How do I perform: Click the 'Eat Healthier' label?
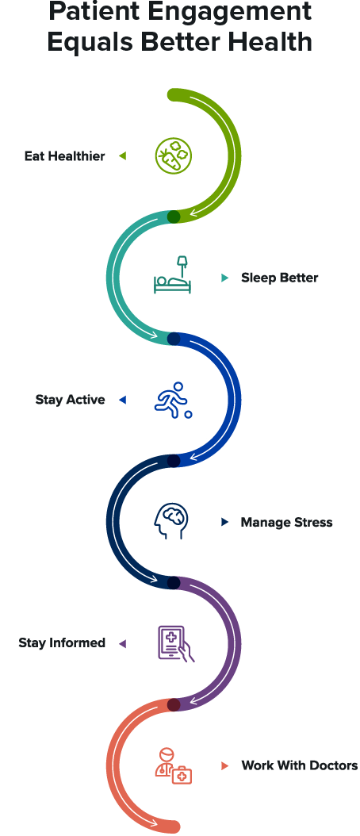click(64, 156)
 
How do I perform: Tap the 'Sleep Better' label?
click(279, 278)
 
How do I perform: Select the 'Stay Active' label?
click(71, 399)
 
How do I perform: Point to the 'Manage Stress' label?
click(286, 522)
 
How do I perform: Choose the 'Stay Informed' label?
click(62, 643)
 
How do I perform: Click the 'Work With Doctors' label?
click(299, 765)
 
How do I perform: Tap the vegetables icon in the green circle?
click(174, 155)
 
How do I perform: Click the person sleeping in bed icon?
click(172, 274)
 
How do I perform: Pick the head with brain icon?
click(170, 521)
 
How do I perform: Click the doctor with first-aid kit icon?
click(174, 766)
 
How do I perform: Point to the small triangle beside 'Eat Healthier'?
click(122, 156)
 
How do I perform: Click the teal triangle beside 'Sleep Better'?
click(224, 278)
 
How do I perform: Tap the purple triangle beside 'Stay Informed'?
click(122, 643)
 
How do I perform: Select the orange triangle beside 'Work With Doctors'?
click(224, 765)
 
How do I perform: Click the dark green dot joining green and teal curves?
click(174, 217)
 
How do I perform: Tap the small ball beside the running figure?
click(188, 414)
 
